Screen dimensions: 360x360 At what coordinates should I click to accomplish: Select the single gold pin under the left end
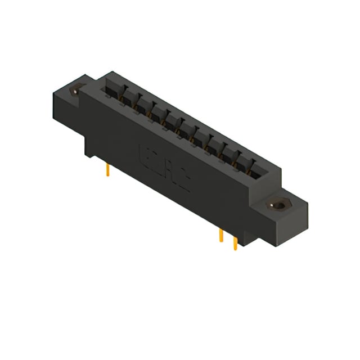tap(107, 169)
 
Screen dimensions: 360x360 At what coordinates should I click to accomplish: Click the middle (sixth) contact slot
tap(186, 132)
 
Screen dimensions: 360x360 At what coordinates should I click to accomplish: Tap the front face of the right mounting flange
tap(270, 222)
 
